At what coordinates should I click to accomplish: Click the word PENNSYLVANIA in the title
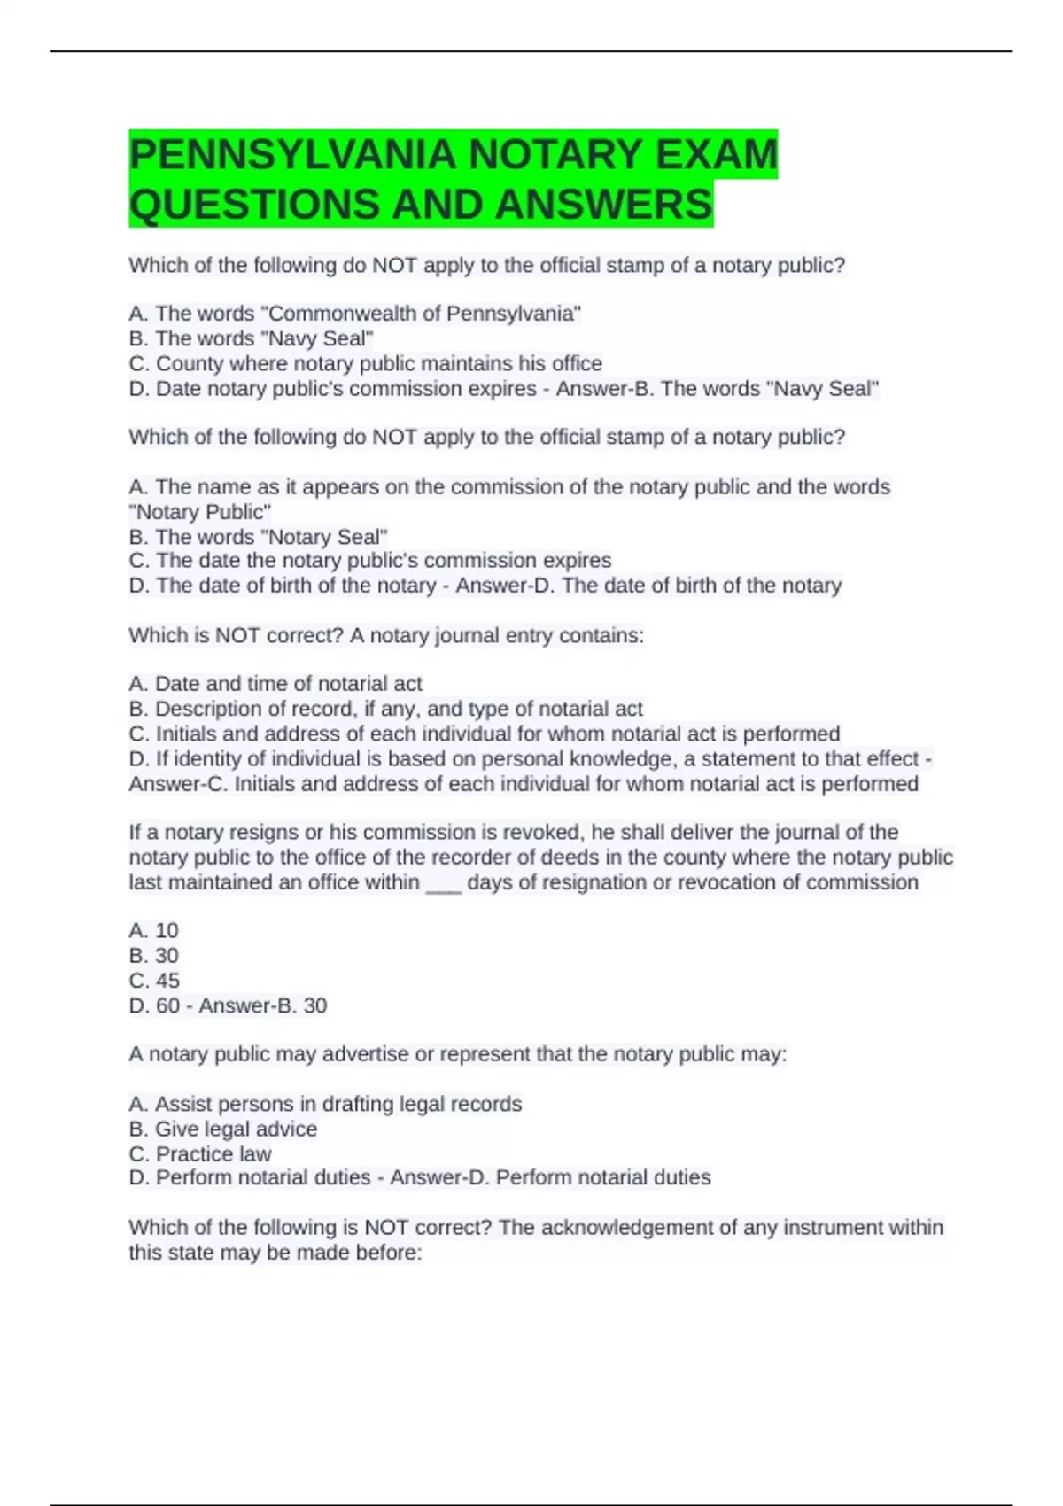coord(292,155)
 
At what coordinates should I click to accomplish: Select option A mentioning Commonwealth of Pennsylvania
coord(354,314)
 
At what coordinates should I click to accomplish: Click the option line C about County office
coord(365,363)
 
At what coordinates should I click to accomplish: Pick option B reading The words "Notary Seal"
coord(258,537)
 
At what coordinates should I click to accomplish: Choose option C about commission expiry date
coord(369,561)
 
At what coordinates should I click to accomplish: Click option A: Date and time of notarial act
coord(275,684)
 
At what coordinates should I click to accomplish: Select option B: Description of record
coord(385,709)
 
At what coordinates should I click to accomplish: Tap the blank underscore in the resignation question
coord(444,883)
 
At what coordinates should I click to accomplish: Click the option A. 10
coord(153,931)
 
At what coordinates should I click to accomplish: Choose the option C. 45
coord(154,981)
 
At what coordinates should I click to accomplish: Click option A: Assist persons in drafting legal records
coord(325,1104)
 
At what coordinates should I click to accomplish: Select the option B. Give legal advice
coord(222,1129)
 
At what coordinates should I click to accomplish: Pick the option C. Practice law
coord(200,1153)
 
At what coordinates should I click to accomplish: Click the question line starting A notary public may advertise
coord(457,1054)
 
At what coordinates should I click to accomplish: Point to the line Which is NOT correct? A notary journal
coord(386,635)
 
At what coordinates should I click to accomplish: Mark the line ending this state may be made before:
coord(275,1253)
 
